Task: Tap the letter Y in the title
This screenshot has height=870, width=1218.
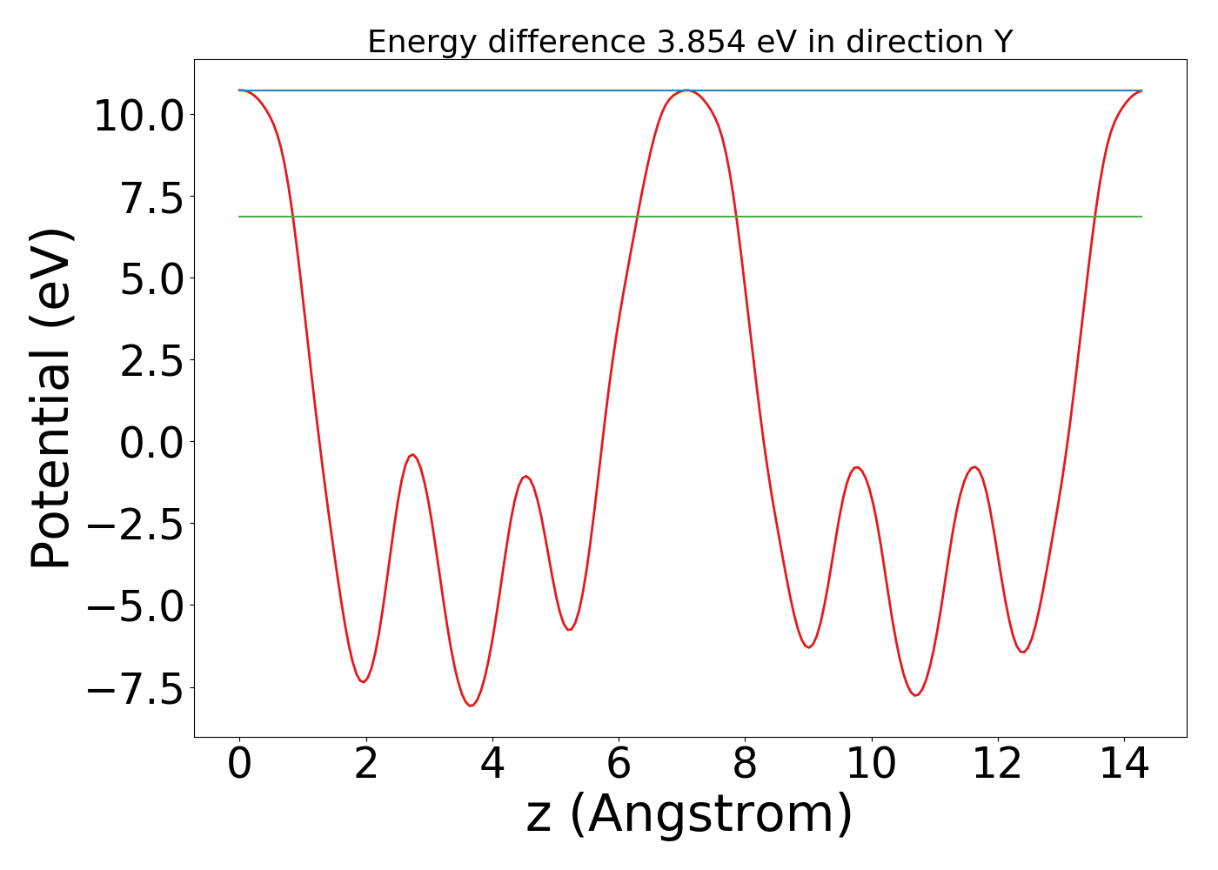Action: pyautogui.click(x=1003, y=42)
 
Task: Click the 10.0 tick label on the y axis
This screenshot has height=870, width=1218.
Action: pyautogui.click(x=137, y=116)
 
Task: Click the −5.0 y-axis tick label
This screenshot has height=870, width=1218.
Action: pyautogui.click(x=137, y=606)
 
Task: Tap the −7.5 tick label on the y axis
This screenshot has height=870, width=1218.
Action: pyautogui.click(x=137, y=687)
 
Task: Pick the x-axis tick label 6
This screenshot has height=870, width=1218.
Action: pyautogui.click(x=619, y=765)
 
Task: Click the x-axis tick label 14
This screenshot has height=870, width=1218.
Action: pyautogui.click(x=1124, y=765)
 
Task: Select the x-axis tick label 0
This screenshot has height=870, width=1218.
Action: pyautogui.click(x=239, y=765)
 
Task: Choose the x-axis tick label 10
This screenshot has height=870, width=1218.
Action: pyautogui.click(x=871, y=765)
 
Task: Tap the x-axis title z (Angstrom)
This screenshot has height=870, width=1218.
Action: pyautogui.click(x=689, y=815)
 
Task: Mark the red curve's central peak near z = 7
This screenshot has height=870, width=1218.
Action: pyautogui.click(x=687, y=90)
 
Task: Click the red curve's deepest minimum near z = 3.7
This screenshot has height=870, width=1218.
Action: pyautogui.click(x=471, y=706)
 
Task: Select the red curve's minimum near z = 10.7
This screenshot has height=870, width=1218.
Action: pyautogui.click(x=915, y=695)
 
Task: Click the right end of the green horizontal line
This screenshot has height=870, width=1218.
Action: pyautogui.click(x=1141, y=217)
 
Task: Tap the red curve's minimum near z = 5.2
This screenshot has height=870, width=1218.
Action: pyautogui.click(x=569, y=629)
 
